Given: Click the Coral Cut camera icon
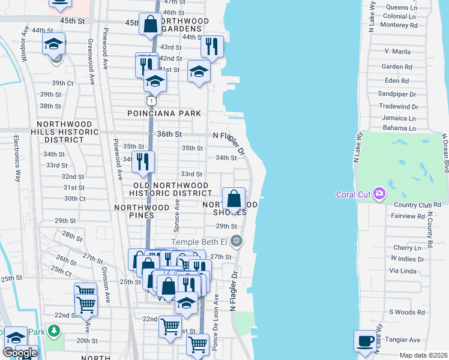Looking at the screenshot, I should pyautogui.click(x=379, y=193).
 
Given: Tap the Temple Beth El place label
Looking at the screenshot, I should pyautogui.click(x=200, y=242).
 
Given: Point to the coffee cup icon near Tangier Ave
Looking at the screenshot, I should pyautogui.click(x=365, y=341).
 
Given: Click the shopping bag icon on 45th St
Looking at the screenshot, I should pyautogui.click(x=149, y=25).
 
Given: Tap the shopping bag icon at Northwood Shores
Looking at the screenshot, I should pyautogui.click(x=234, y=198).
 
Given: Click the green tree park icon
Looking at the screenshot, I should pyautogui.click(x=54, y=331).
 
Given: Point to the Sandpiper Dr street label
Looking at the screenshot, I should pyautogui.click(x=397, y=94).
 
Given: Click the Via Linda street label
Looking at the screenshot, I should pyautogui.click(x=406, y=271).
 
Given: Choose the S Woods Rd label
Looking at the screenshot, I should pyautogui.click(x=406, y=312).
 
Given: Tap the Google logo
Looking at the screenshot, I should pyautogui.click(x=20, y=353).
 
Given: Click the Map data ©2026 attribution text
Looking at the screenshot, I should pyautogui.click(x=423, y=355).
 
